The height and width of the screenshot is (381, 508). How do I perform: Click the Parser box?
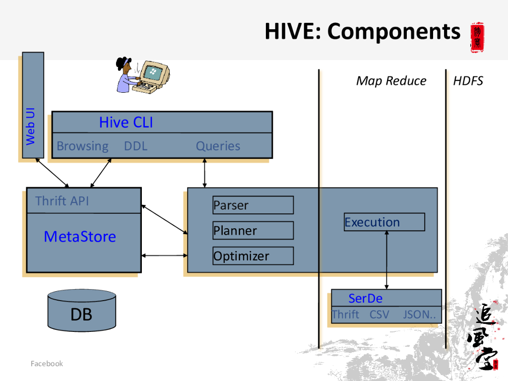(x=253, y=205)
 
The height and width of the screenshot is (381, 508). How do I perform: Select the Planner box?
(x=253, y=230)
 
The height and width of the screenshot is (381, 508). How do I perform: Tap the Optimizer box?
(x=253, y=256)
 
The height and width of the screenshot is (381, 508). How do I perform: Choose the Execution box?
(x=384, y=222)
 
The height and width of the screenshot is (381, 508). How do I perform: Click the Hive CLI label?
(x=126, y=123)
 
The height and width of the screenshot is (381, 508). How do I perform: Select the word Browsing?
(x=82, y=146)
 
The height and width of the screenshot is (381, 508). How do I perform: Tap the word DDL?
(x=135, y=146)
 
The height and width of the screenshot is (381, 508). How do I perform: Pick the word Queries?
(x=218, y=146)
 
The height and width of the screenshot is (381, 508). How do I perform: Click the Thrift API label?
(x=62, y=201)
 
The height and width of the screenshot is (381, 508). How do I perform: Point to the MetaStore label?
(x=80, y=237)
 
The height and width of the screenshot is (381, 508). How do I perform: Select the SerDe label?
(x=365, y=298)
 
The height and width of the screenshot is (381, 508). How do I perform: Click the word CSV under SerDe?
(x=380, y=315)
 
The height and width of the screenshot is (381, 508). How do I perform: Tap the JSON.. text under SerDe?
(x=419, y=315)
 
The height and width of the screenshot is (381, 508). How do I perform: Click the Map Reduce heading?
(x=391, y=81)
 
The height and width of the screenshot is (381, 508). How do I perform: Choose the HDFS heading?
(x=468, y=81)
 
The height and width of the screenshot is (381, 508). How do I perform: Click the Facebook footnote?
(x=47, y=364)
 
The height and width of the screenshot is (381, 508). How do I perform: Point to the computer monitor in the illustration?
(x=155, y=74)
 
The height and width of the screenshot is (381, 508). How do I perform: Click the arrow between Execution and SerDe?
(x=386, y=260)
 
